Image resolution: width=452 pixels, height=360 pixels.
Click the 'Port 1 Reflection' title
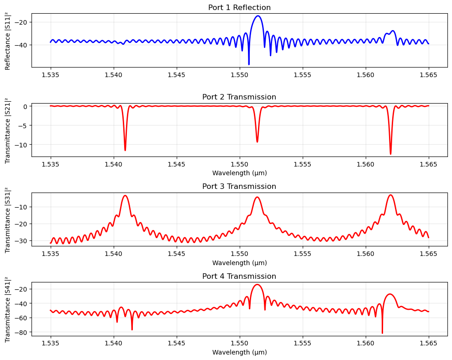tap(239, 7)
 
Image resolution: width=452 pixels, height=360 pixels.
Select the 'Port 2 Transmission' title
tap(239, 97)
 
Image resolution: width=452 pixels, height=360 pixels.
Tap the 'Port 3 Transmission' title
tap(239, 186)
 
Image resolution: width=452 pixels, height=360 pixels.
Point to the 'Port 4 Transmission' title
tap(239, 276)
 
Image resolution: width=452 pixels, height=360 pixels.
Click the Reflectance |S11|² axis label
tap(8, 40)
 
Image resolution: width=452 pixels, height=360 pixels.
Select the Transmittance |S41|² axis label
tap(8, 309)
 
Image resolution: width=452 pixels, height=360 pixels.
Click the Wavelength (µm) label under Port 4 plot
tap(239, 352)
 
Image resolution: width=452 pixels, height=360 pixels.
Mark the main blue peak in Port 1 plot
tap(258, 16)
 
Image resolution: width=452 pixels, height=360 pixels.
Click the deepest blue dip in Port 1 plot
tap(249, 64)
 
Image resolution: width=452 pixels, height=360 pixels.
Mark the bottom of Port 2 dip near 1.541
tap(125, 150)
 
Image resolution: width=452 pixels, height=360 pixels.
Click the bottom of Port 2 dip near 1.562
tap(390, 154)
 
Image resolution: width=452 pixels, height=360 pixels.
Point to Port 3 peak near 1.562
tap(390, 195)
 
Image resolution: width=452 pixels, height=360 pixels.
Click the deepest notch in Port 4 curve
tap(382, 333)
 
